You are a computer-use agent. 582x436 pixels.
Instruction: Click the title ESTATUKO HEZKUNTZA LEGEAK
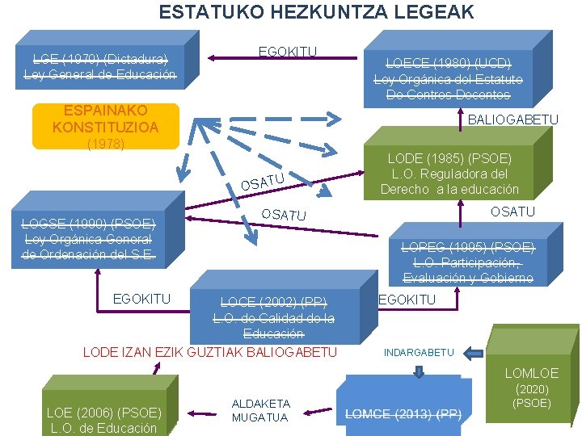pos(316,12)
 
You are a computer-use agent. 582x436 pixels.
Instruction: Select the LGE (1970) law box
pos(100,66)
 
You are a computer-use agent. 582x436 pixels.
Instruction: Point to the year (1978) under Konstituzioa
pos(105,144)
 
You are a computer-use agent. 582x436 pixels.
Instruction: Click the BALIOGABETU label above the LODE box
pos(512,119)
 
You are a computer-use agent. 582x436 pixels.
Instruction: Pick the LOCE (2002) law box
pos(274,317)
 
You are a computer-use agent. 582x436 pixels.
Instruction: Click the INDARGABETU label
pos(419,353)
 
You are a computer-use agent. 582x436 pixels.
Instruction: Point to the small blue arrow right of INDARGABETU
pos(474,352)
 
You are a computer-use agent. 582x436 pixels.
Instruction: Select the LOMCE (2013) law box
pos(403,408)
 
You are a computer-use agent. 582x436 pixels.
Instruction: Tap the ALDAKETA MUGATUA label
pos(261,409)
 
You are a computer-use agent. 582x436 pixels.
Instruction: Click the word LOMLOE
pos(532,373)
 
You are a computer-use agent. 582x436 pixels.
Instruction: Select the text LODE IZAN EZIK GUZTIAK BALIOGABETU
pos(210,352)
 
